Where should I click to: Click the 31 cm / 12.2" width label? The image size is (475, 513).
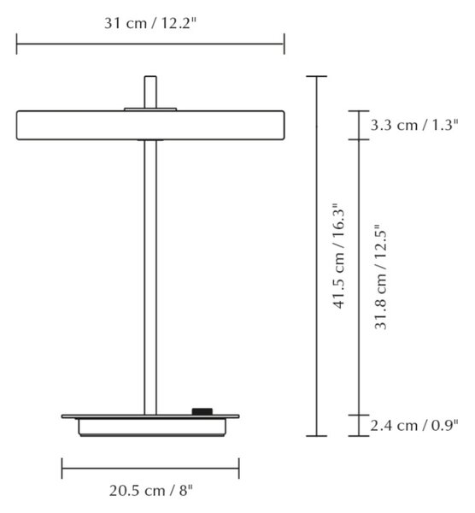tap(150, 23)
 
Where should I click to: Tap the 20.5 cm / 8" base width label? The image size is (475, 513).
tap(150, 491)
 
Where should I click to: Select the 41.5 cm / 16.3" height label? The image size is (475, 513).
tap(338, 256)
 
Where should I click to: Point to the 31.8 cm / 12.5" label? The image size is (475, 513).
tap(380, 277)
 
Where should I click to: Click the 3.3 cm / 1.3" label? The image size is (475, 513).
tap(414, 125)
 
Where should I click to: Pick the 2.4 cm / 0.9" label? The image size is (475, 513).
tap(414, 425)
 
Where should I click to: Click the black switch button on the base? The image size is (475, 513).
tap(202, 411)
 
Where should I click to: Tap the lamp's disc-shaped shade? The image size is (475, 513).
tap(150, 126)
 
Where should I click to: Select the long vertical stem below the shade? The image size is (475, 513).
tap(150, 277)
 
